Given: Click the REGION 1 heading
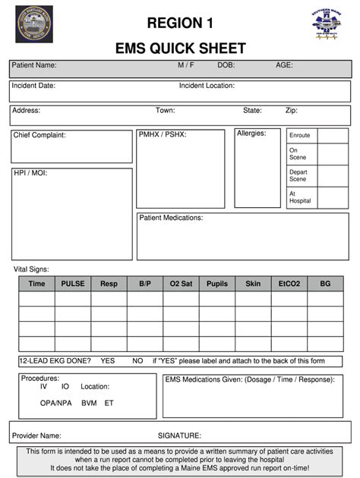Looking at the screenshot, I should (181, 22).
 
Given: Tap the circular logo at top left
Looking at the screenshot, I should (34, 29).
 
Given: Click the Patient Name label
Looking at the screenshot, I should (33, 66).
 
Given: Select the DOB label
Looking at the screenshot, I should (226, 66).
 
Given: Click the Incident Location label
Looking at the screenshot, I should (207, 86).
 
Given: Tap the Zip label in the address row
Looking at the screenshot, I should (291, 111).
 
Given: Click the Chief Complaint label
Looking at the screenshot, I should (39, 135).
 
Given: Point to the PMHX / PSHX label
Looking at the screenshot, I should (163, 134).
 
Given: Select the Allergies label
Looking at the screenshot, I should (251, 134).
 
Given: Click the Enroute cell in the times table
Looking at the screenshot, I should (300, 135).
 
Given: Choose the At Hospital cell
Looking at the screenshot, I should (300, 197).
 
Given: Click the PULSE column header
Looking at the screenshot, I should (73, 284).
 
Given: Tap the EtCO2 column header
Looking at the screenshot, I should (289, 284).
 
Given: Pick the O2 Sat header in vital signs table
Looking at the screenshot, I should (181, 284).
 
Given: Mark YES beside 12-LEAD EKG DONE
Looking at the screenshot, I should (108, 360).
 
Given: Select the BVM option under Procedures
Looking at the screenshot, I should (90, 403).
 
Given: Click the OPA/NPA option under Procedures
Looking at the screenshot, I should (55, 403).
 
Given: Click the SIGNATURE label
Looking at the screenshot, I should (179, 436).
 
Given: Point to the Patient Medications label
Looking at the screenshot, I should (171, 218).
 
